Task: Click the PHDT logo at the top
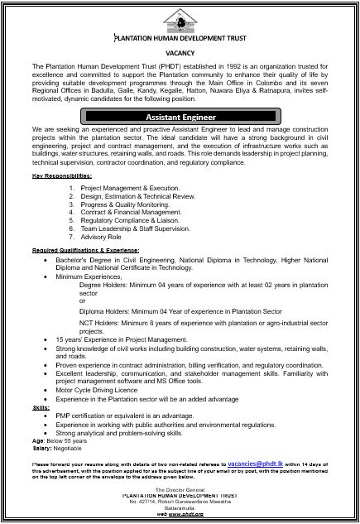click(x=179, y=19)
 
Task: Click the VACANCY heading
click(x=179, y=50)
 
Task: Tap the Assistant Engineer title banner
click(x=180, y=118)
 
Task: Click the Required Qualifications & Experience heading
click(x=86, y=249)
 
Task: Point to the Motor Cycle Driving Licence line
click(x=97, y=388)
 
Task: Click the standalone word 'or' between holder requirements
click(x=81, y=300)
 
